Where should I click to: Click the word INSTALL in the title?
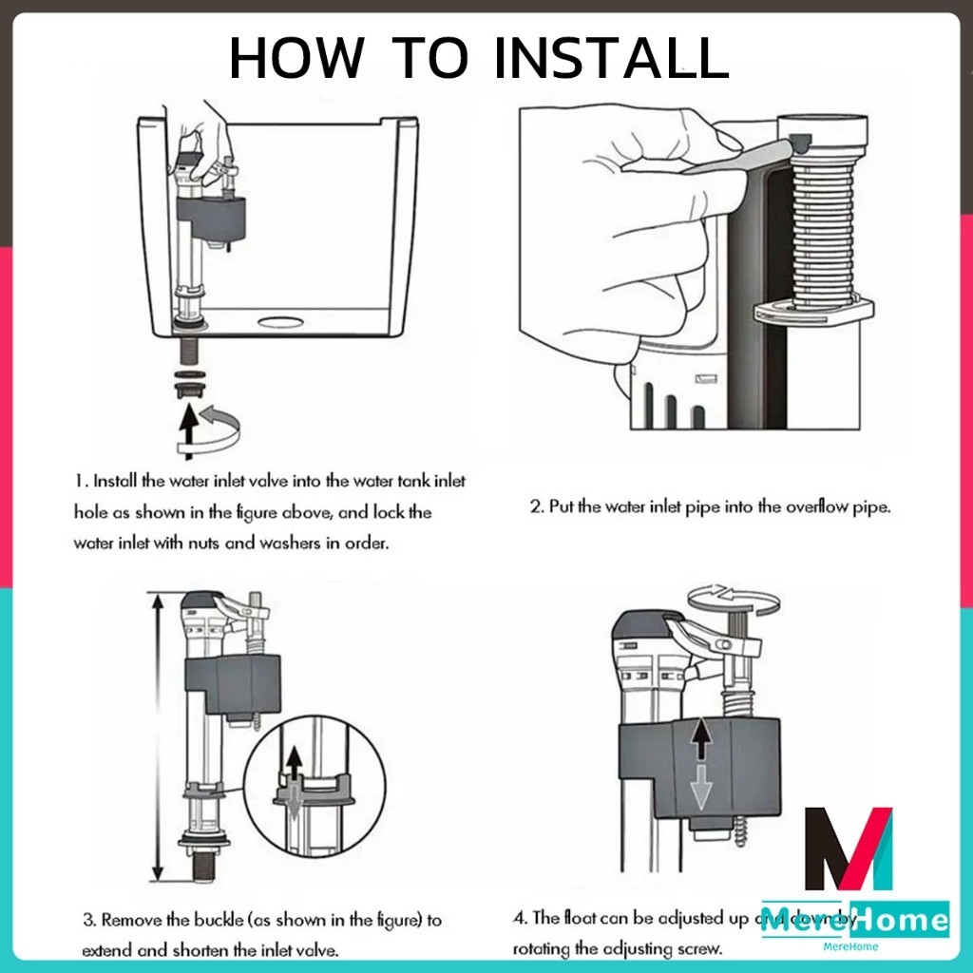[x=611, y=59]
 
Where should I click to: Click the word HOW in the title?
[x=296, y=59]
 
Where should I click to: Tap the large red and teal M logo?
[x=849, y=849]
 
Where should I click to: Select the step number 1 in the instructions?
[x=79, y=482]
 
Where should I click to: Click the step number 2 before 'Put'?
[x=535, y=506]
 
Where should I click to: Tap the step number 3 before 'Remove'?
[x=87, y=920]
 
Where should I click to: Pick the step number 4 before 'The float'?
[x=519, y=918]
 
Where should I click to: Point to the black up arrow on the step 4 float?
[x=699, y=737]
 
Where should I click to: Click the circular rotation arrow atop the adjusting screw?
[x=732, y=597]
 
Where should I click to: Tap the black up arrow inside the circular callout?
[x=294, y=761]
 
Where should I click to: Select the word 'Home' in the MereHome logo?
[x=900, y=919]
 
